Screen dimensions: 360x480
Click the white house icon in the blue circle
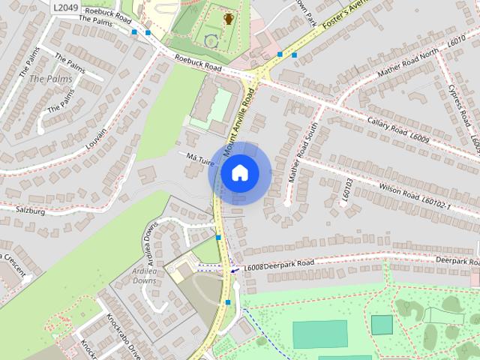coord(239,172)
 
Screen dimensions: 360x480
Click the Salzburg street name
coord(31,212)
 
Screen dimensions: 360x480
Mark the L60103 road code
coord(346,187)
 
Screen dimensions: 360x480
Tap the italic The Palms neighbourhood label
coord(50,78)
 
